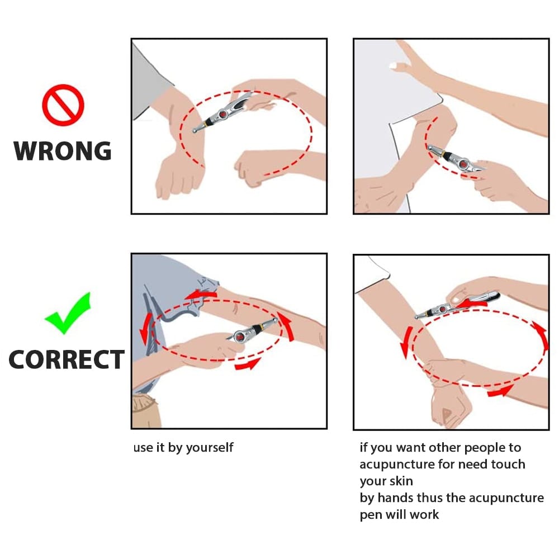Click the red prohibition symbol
click(63, 105)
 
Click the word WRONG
click(63, 151)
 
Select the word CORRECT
click(67, 359)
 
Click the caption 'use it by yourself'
click(183, 447)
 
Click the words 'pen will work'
click(399, 514)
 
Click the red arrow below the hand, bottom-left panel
click(248, 364)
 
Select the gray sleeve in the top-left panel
click(150, 84)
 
